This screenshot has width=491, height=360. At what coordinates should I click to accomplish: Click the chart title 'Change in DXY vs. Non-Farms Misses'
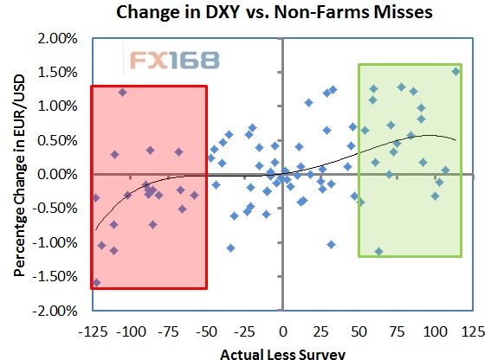point(275,12)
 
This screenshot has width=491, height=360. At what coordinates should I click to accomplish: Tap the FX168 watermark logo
point(175,61)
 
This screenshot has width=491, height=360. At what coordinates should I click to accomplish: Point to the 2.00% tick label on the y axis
point(57,38)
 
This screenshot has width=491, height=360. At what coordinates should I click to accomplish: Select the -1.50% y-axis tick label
point(55,276)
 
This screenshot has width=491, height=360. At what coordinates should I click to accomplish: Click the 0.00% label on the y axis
point(57,174)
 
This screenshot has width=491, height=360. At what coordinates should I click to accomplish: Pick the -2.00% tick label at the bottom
point(55,311)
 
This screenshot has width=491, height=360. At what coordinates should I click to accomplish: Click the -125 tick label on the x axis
point(93,331)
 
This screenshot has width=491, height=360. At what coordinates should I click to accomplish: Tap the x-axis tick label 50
point(359,331)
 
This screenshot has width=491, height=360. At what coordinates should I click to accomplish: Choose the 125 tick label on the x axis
point(473,331)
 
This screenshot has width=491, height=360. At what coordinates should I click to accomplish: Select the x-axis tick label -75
point(168,331)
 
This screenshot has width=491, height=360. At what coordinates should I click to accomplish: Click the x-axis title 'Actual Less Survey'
point(283,354)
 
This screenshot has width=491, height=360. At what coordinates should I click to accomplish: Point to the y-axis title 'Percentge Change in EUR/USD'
point(19,176)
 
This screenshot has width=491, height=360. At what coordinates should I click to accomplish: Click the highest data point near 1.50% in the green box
point(455,72)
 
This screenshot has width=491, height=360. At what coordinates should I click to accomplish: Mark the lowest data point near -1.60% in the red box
point(96,283)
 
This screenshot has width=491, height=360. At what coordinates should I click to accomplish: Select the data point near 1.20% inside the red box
point(122,93)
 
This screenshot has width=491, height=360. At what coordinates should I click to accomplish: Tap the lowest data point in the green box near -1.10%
point(379,251)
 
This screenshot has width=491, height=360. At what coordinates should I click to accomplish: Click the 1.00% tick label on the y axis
point(57,106)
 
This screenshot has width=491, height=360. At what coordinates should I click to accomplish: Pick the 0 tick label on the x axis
point(283,331)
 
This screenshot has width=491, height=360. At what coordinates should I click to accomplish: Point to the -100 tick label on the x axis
point(131,331)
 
